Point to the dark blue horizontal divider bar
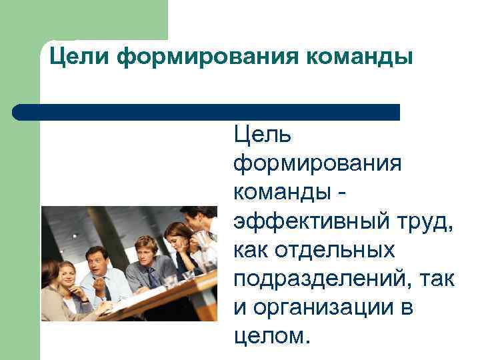click(x=207, y=111)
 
